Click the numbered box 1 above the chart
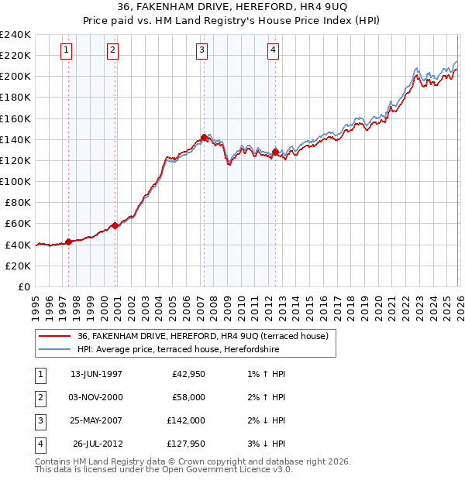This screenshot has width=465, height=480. pos(67,51)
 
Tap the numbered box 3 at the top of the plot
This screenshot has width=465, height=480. pos(201,51)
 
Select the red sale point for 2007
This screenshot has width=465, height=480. pos(204,138)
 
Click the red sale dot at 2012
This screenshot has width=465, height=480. pos(275,153)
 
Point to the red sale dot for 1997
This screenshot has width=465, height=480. pos(68,242)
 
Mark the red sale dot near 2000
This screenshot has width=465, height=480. pos(115,225)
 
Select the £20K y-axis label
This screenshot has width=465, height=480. pos(17,266)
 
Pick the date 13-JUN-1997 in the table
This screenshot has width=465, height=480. pos(96,374)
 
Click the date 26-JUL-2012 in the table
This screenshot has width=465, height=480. pos(97,444)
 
